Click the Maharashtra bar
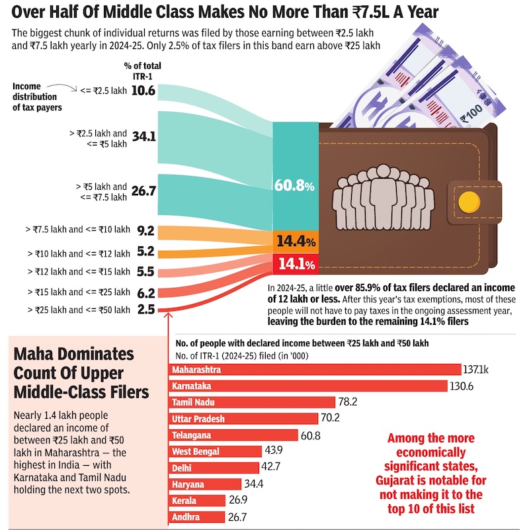point(315,369)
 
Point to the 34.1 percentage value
point(143,137)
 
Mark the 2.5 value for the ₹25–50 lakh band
point(145,309)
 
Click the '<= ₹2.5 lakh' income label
point(103,91)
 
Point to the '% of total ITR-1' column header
point(142,70)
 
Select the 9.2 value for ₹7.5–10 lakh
point(145,231)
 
